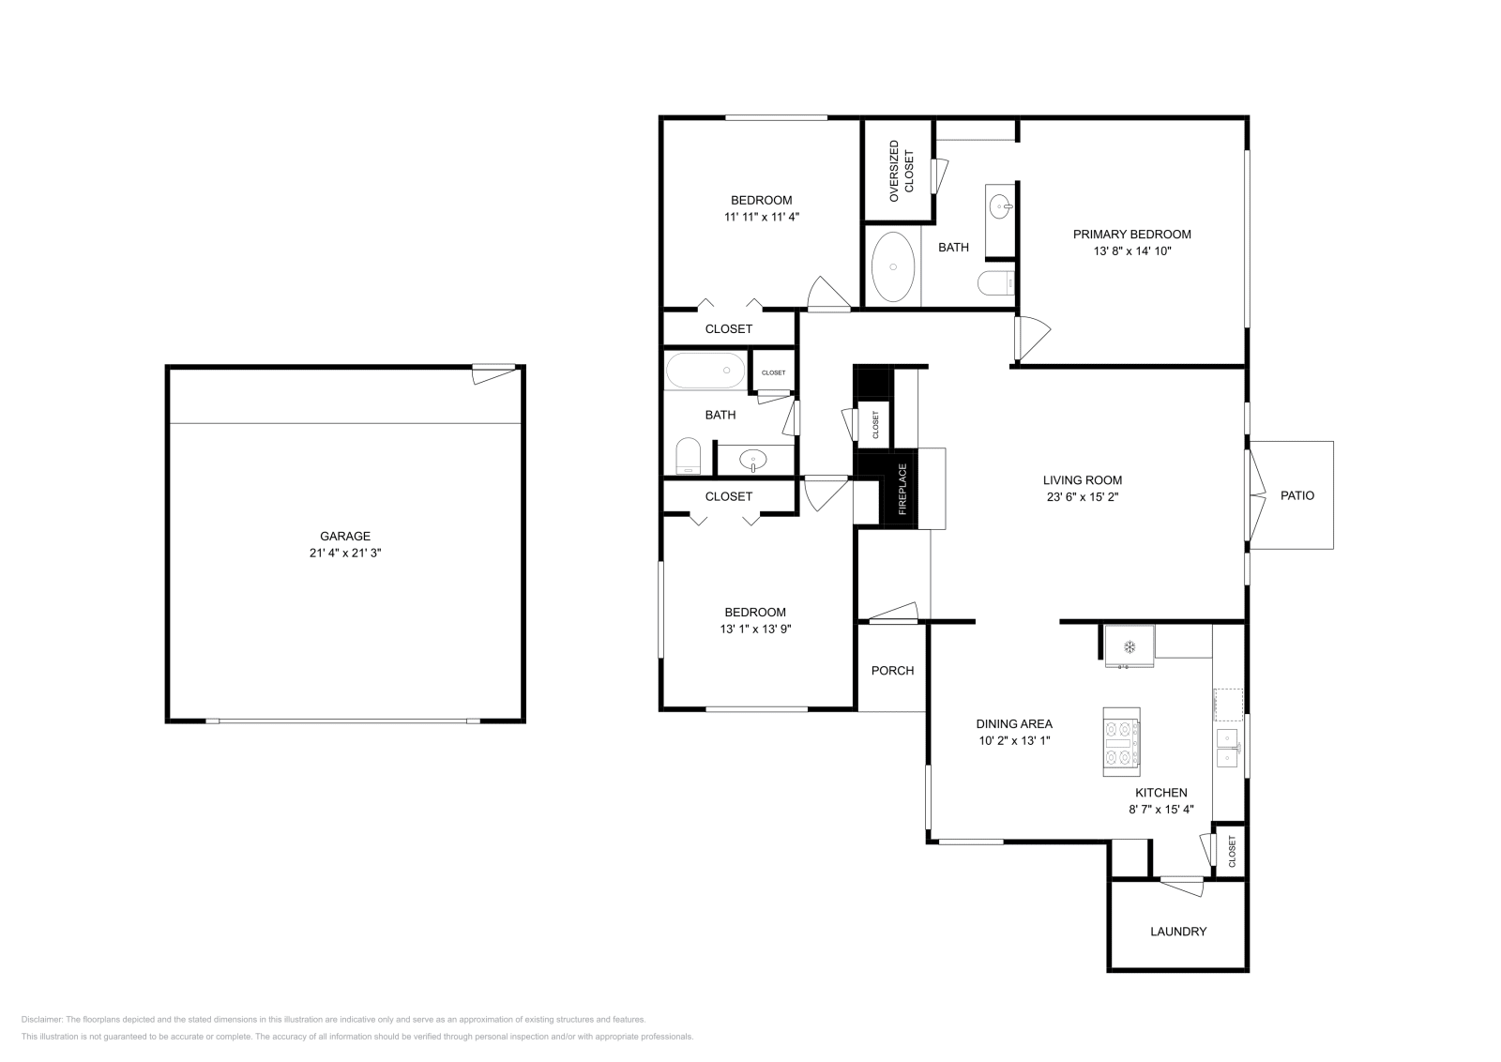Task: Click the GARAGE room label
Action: pyautogui.click(x=345, y=537)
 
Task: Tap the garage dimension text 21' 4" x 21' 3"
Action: pyautogui.click(x=345, y=554)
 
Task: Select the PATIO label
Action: pyautogui.click(x=1297, y=495)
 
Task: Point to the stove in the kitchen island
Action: pyautogui.click(x=1121, y=741)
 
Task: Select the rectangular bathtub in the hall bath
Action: pyautogui.click(x=705, y=372)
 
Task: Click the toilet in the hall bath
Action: pyautogui.click(x=689, y=457)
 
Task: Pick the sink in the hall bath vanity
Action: pyautogui.click(x=753, y=460)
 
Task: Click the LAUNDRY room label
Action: pyautogui.click(x=1178, y=932)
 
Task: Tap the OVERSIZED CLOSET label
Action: pyautogui.click(x=901, y=171)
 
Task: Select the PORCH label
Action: pyautogui.click(x=892, y=671)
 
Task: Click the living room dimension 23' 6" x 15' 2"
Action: pyautogui.click(x=1083, y=497)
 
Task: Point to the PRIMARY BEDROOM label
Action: pyautogui.click(x=1132, y=235)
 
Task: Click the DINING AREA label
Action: pyautogui.click(x=1014, y=723)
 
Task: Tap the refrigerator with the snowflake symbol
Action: pyautogui.click(x=1130, y=646)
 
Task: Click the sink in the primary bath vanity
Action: pyautogui.click(x=1000, y=204)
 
